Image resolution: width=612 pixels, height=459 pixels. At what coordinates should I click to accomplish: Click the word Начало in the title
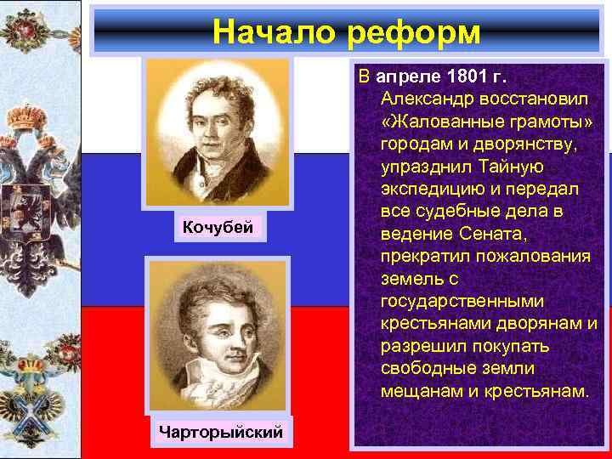pos(273,31)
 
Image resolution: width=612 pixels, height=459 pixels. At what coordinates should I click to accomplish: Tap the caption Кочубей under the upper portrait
pos(219,227)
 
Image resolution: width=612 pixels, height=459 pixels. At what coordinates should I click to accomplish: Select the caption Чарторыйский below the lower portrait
pos(220,432)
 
